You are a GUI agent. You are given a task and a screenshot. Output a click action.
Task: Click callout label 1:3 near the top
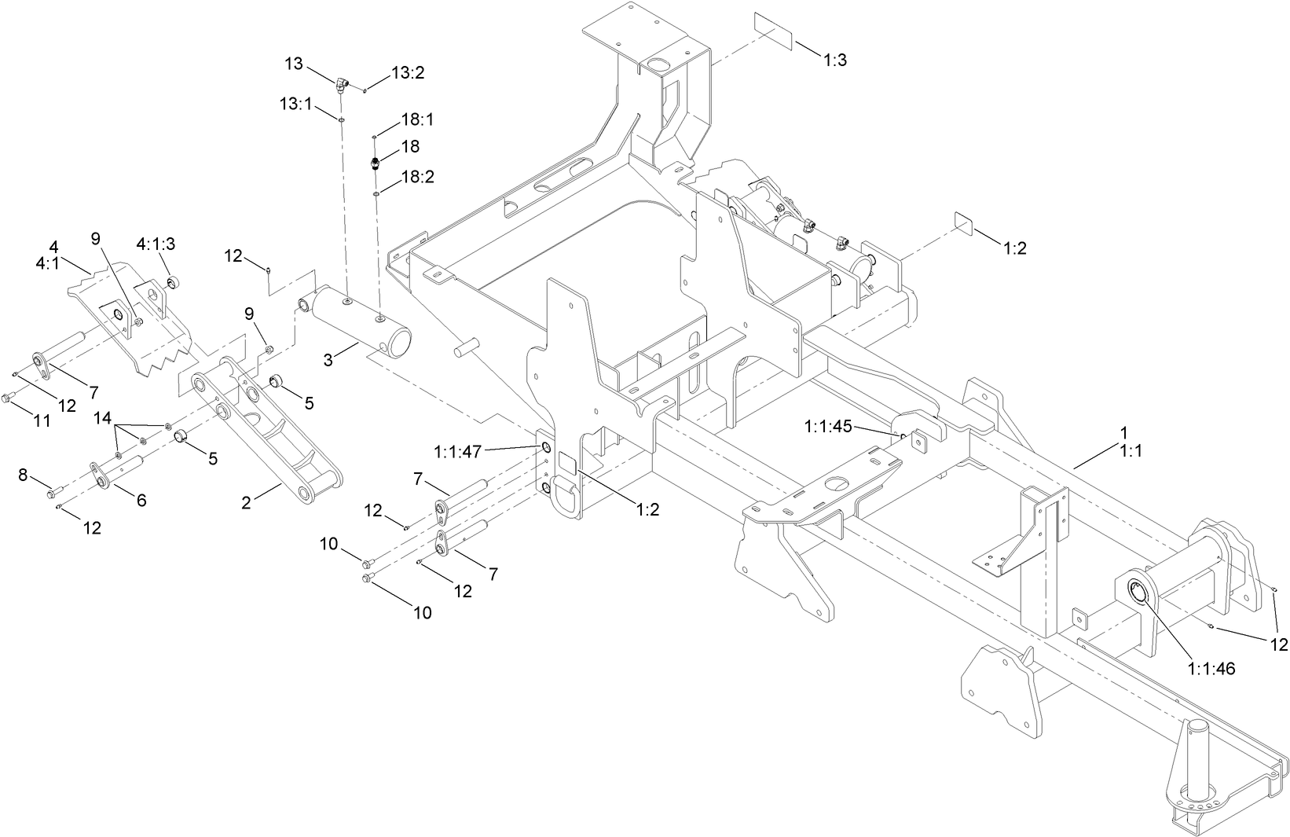point(835,61)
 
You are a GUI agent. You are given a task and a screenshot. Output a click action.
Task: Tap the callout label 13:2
point(408,72)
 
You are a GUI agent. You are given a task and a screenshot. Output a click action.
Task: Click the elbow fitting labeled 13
point(342,83)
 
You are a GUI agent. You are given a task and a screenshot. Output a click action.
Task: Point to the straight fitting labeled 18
point(376,164)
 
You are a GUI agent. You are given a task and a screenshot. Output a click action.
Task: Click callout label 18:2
point(418,177)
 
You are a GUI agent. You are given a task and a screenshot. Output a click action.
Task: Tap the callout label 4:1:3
point(156,244)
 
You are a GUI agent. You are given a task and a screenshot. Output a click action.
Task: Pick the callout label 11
point(41,421)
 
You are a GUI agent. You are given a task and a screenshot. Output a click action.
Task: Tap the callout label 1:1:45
point(828,426)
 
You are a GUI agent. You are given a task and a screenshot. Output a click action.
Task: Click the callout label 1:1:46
point(1211,669)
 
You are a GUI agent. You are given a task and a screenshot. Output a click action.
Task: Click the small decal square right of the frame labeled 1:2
point(964,222)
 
